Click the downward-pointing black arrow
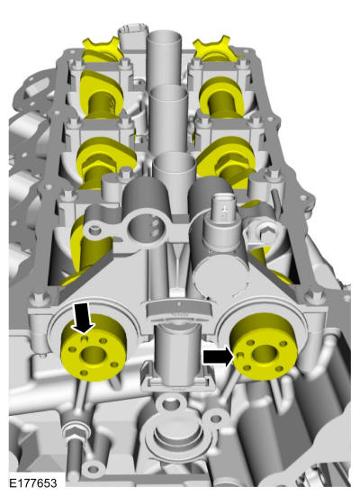click(84, 317)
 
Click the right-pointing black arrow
click(219, 356)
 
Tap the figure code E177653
click(33, 483)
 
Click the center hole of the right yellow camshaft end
click(265, 352)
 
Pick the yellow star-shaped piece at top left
click(101, 48)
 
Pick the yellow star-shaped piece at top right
click(216, 48)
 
